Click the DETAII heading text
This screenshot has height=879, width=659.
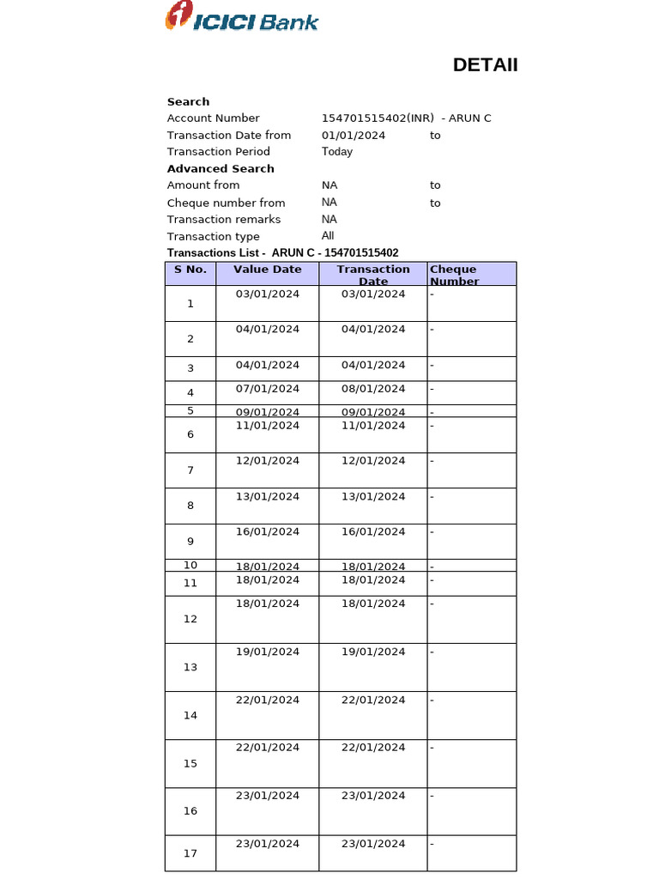[485, 65]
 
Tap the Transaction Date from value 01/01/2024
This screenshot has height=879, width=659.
[354, 136]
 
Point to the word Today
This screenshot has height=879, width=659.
[337, 152]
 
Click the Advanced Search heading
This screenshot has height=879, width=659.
[221, 169]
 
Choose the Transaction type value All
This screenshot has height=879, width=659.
[328, 236]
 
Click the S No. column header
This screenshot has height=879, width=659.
[190, 270]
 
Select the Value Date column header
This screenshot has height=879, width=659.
[268, 270]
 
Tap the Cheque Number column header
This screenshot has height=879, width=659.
[454, 275]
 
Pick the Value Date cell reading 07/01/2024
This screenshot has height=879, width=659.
[268, 389]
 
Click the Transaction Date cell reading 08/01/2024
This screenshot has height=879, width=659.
[373, 389]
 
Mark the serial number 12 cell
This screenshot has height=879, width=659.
[190, 619]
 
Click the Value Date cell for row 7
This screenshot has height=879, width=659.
[268, 461]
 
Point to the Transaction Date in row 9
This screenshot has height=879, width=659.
[373, 532]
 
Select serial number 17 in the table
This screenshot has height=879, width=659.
[190, 853]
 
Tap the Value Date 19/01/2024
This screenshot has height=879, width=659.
[268, 652]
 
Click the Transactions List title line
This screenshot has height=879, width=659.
[282, 253]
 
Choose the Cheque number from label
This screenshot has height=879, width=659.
[226, 203]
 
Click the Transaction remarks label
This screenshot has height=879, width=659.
[223, 220]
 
